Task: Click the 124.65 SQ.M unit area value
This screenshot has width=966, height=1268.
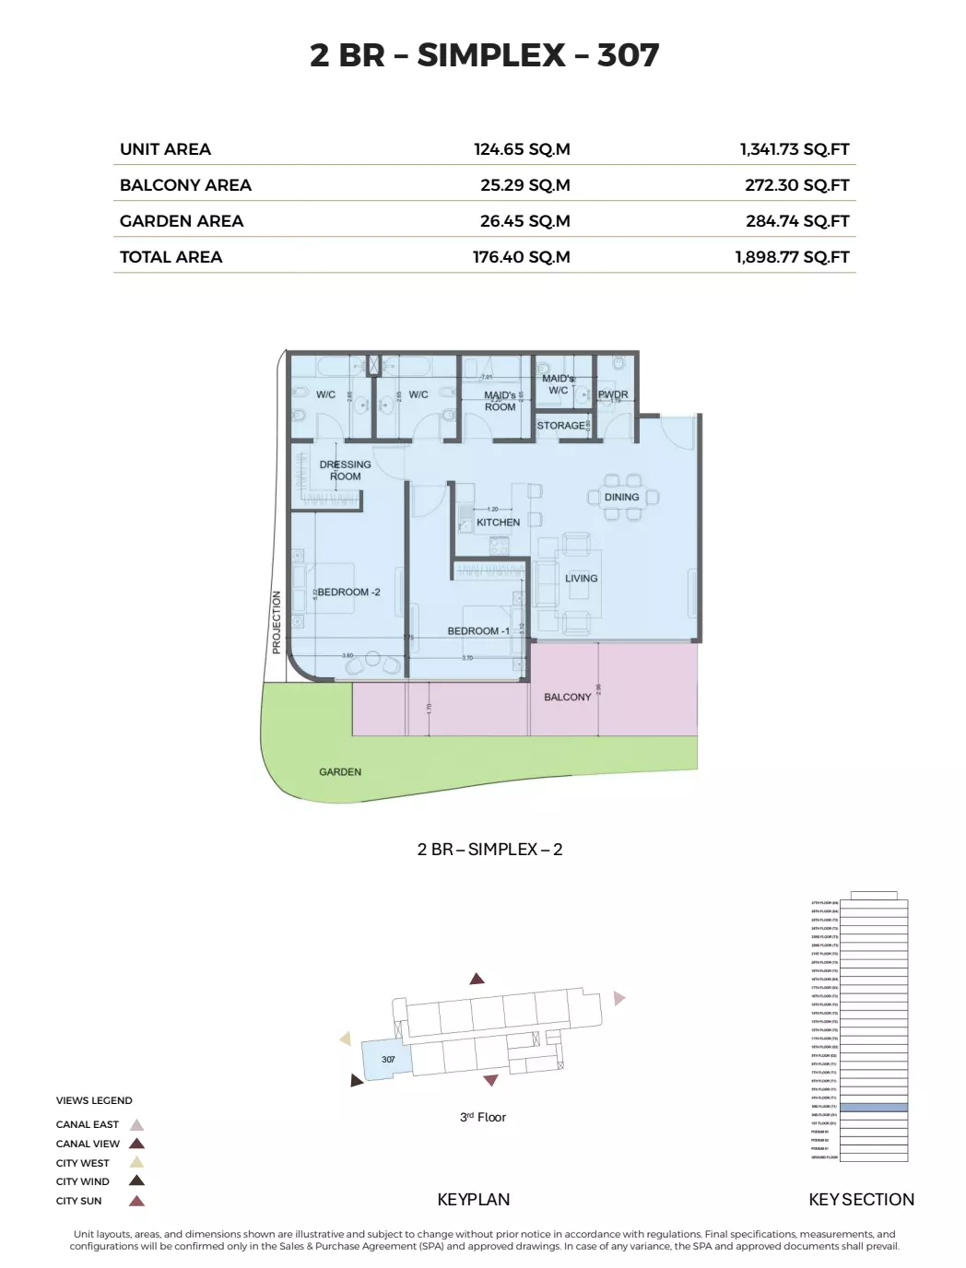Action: coord(522,149)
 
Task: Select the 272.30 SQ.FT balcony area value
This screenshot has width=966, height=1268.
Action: coord(796,185)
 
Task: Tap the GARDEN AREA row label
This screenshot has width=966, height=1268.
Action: coord(182,221)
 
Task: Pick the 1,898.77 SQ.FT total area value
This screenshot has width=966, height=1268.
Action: coord(792,257)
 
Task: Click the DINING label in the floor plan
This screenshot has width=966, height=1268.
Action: coord(621,497)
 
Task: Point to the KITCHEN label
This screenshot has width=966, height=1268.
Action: coord(498,522)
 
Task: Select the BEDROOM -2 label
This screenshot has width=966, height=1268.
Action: coord(348,592)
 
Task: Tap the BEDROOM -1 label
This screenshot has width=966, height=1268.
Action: coord(478,631)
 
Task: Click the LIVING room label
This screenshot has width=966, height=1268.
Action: coord(581,579)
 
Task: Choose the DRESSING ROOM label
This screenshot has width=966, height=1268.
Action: coord(346,470)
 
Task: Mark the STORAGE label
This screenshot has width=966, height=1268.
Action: coord(560,426)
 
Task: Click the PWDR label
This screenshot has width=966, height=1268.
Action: coord(613,394)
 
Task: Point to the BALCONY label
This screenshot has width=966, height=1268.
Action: coord(567,698)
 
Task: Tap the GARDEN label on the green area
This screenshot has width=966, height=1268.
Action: coord(340,772)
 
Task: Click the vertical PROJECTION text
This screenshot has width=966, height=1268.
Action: coord(276,623)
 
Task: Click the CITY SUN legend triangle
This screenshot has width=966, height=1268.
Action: coord(136,1201)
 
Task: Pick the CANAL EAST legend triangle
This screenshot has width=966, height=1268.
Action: coord(136,1125)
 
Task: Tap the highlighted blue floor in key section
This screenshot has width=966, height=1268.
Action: coord(873,1107)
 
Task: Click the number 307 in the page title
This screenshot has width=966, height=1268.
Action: coord(628,55)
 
